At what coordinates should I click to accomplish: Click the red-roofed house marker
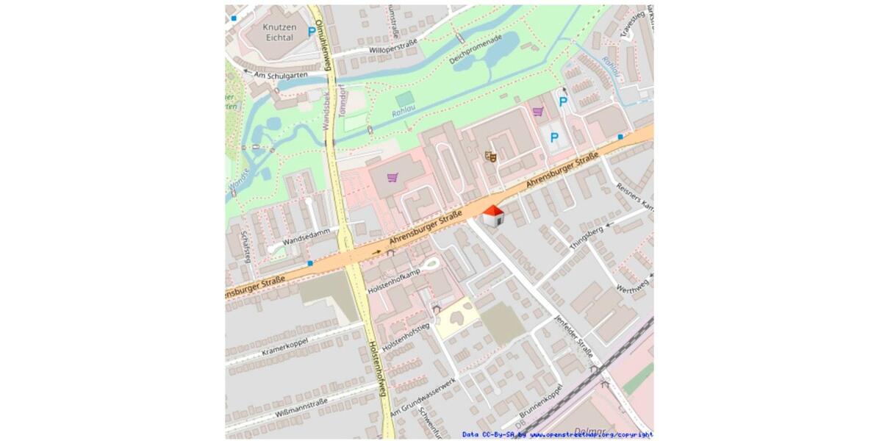coord(492,216)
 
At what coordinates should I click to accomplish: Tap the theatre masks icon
coord(490,156)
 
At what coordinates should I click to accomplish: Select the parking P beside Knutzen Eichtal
coord(312,32)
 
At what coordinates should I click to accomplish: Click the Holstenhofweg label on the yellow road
coord(377,367)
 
